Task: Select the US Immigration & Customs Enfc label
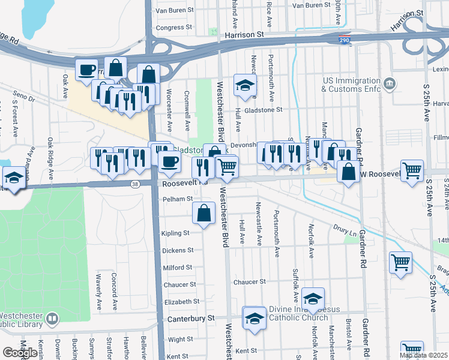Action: click(351, 85)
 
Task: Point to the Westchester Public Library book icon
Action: click(53, 319)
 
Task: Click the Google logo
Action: click(20, 353)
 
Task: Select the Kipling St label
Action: click(175, 233)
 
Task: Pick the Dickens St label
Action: click(178, 250)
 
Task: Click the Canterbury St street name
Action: click(190, 318)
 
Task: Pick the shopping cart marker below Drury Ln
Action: click(400, 262)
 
